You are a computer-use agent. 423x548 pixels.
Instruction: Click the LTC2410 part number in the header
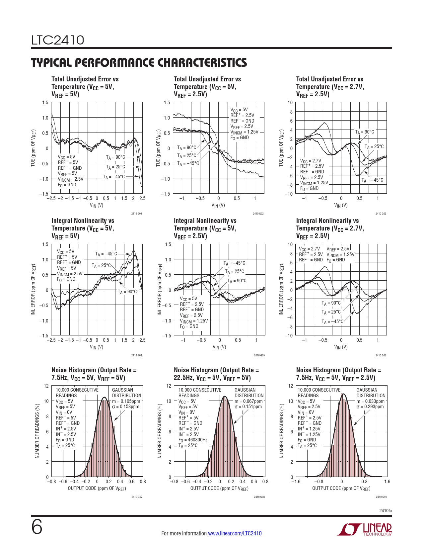click(x=58, y=40)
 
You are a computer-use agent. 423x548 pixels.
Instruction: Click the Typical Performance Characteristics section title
click(x=139, y=62)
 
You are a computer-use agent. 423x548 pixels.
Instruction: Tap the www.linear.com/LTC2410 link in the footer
click(x=235, y=533)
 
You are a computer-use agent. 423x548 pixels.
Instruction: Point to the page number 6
click(x=37, y=527)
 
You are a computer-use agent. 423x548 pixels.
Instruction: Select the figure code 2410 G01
click(x=136, y=214)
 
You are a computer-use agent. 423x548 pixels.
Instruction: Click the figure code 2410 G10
click(x=381, y=497)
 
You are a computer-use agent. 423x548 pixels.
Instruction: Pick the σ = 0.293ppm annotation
click(x=370, y=407)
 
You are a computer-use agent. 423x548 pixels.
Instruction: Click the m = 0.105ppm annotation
click(x=126, y=401)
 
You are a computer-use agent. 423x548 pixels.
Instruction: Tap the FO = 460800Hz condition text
click(x=193, y=440)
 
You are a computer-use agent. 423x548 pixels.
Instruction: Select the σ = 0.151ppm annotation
click(x=248, y=407)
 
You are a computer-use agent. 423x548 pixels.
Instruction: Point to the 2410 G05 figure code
click(x=259, y=355)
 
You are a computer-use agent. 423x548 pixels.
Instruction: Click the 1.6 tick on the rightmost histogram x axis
click(x=387, y=482)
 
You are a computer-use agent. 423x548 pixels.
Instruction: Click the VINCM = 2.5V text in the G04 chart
click(x=70, y=274)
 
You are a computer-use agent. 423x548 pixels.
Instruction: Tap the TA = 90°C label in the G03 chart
click(x=364, y=132)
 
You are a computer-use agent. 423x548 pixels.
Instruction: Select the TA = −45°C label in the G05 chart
click(x=234, y=263)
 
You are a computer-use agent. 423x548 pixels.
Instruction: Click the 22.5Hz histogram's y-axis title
click(x=160, y=431)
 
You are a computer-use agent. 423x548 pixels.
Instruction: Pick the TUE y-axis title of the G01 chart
click(x=33, y=148)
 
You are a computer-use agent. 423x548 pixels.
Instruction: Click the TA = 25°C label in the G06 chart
click(x=331, y=312)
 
